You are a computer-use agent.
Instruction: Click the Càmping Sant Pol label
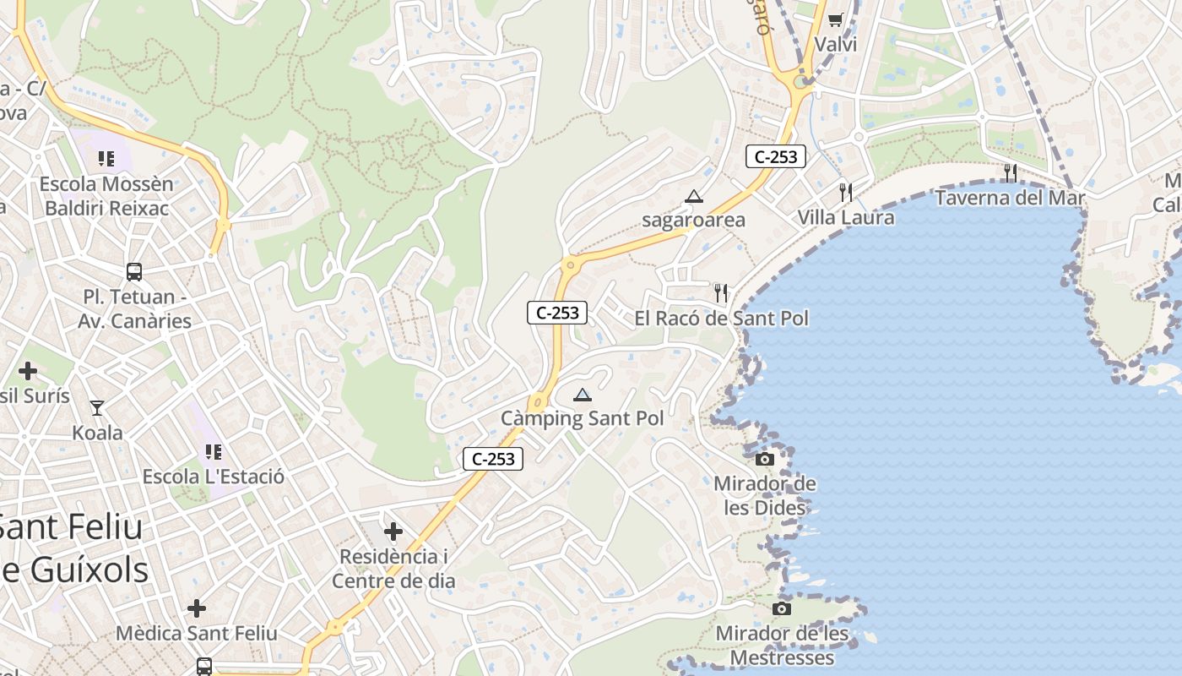pyautogui.click(x=582, y=418)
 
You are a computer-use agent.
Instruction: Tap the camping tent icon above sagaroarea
pyautogui.click(x=694, y=197)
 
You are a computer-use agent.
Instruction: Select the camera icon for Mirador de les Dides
pyautogui.click(x=765, y=459)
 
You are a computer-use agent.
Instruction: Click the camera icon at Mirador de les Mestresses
pyautogui.click(x=782, y=608)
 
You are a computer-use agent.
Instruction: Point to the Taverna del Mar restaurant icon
pyautogui.click(x=1010, y=173)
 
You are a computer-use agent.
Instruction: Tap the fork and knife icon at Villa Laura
pyautogui.click(x=846, y=193)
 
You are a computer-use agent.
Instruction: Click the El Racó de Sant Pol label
pyautogui.click(x=721, y=319)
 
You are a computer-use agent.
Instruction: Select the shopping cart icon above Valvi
pyautogui.click(x=835, y=19)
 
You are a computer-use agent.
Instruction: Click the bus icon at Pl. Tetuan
pyautogui.click(x=134, y=272)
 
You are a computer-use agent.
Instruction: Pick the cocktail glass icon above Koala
pyautogui.click(x=97, y=408)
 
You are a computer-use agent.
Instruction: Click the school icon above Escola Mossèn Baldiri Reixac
pyautogui.click(x=106, y=159)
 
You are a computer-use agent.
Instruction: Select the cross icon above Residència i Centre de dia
pyautogui.click(x=393, y=532)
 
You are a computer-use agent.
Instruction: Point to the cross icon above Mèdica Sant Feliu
pyautogui.click(x=196, y=608)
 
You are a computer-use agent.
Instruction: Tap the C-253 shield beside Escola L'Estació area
pyautogui.click(x=493, y=459)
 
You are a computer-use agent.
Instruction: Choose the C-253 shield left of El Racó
pyautogui.click(x=557, y=313)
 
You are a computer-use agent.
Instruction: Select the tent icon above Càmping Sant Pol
pyautogui.click(x=583, y=395)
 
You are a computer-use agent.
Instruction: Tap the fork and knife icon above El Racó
pyautogui.click(x=721, y=293)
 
